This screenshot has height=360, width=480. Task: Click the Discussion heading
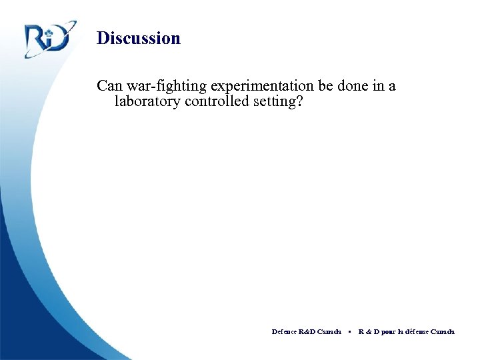(x=138, y=38)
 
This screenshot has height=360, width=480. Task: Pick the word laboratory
(x=147, y=102)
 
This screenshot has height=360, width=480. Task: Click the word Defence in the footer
(x=284, y=331)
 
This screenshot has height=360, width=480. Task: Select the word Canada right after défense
(x=443, y=331)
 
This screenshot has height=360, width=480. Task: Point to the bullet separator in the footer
(x=349, y=331)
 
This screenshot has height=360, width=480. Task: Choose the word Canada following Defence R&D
(x=329, y=331)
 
